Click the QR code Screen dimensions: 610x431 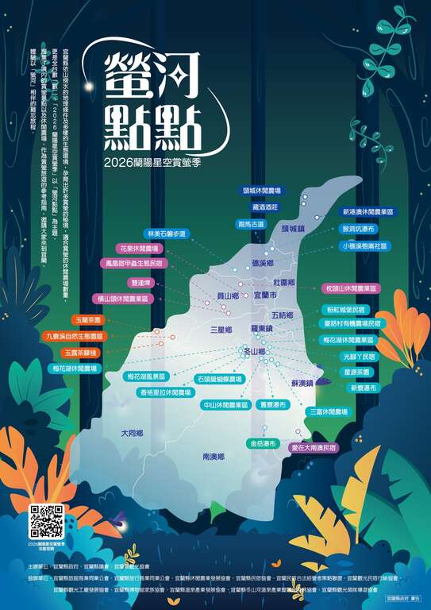pyautogui.click(x=47, y=520)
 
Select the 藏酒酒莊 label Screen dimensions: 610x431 pyautogui.click(x=265, y=207)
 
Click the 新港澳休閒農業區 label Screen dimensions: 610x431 pyautogui.click(x=368, y=212)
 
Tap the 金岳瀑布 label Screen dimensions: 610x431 pyautogui.click(x=263, y=442)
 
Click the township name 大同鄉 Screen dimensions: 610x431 pyautogui.click(x=132, y=434)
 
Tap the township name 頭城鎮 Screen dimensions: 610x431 pyautogui.click(x=294, y=228)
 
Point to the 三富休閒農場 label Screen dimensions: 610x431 pyautogui.click(x=327, y=411)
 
